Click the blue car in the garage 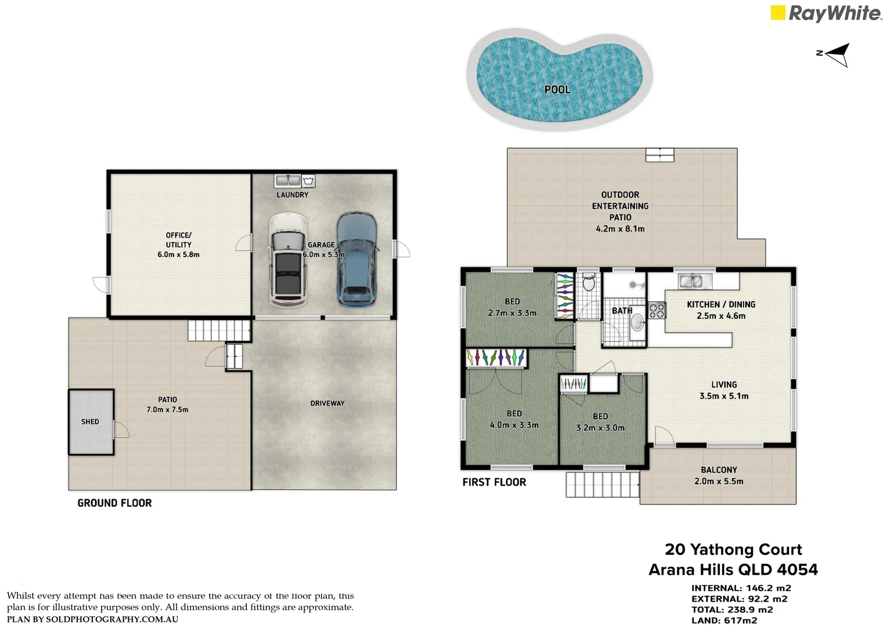coord(357,259)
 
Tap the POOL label coord(557,89)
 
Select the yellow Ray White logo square coord(778,12)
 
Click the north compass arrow coord(834,55)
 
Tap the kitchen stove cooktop coord(657,310)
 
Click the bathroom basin coord(637,323)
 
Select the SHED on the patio coord(91,422)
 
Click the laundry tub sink coord(288,181)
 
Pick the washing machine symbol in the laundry coord(308,181)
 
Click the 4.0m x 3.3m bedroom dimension coord(514,425)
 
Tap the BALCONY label coord(719,470)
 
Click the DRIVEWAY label coord(327,403)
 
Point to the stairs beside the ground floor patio coord(219,330)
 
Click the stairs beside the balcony coord(603,484)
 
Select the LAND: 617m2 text coord(724,620)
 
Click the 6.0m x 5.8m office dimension coord(178,255)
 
